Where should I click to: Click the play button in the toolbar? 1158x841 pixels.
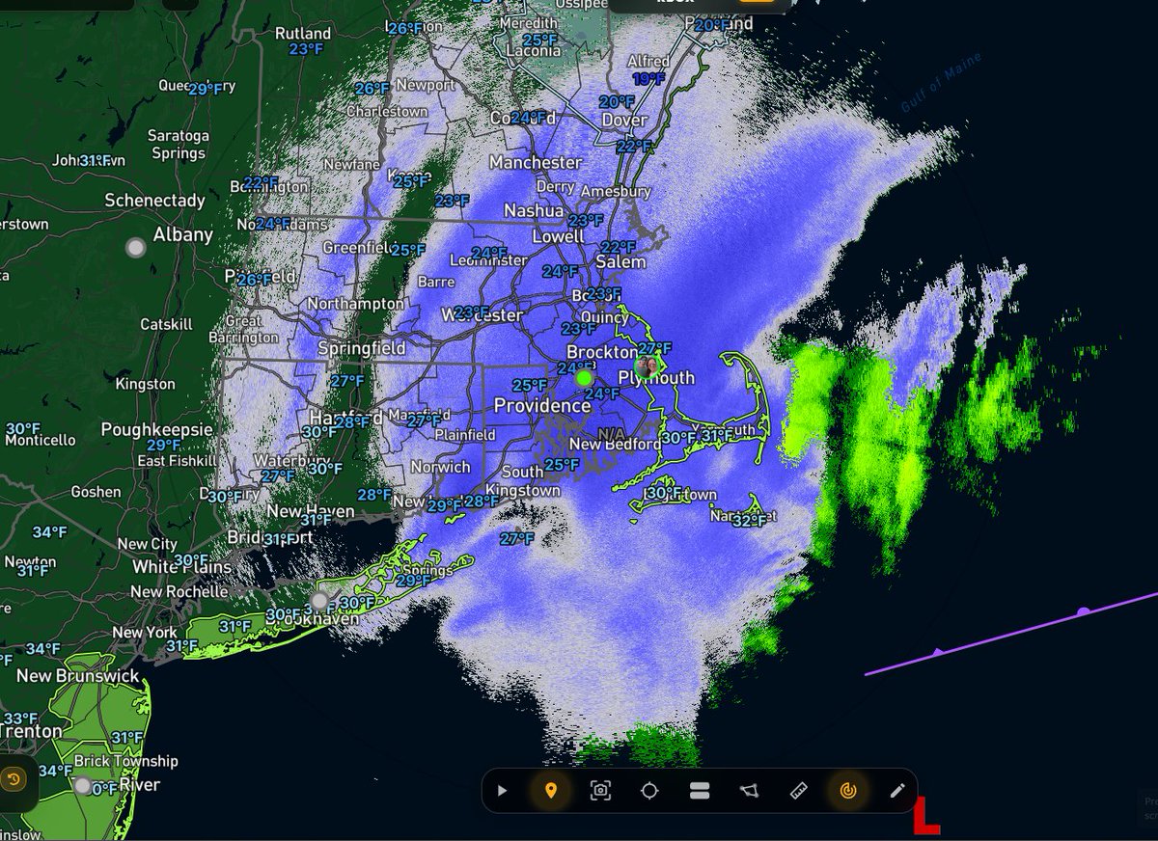click(502, 791)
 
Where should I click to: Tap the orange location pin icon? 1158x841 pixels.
click(551, 791)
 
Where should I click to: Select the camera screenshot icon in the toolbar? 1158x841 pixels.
click(600, 791)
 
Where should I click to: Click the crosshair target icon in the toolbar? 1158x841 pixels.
click(649, 791)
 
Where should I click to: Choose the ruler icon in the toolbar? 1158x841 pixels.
click(798, 791)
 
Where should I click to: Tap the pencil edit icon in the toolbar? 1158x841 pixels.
click(897, 791)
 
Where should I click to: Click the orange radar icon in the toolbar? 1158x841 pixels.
click(848, 791)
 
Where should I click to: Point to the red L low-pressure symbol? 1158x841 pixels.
click(926, 816)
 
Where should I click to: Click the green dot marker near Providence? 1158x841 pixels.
click(584, 378)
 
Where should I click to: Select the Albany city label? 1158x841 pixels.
click(183, 234)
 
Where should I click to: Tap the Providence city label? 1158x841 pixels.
click(542, 406)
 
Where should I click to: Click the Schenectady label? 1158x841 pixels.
click(154, 201)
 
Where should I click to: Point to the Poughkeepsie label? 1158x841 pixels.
click(156, 429)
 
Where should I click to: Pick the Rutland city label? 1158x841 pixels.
click(303, 33)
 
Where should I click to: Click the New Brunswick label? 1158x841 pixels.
click(77, 676)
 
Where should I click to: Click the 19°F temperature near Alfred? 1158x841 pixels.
click(648, 79)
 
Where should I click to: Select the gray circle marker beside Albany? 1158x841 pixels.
click(136, 248)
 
